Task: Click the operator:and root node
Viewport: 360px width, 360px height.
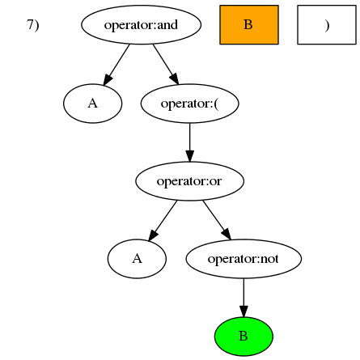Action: coord(141,24)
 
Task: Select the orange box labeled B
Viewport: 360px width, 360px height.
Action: coord(249,24)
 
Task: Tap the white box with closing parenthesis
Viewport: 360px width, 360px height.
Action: coord(327,24)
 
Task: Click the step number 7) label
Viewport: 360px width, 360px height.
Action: coord(33,25)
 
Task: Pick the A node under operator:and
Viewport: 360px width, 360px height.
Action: coord(92,104)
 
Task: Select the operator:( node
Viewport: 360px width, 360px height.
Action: coord(189,104)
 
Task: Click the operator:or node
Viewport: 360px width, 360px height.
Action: coord(189,181)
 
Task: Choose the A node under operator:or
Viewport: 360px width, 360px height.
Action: coord(137,259)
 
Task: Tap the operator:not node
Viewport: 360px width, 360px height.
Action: coord(244,259)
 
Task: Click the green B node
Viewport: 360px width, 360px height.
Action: coord(244,337)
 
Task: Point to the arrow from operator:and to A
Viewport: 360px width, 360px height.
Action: coord(116,65)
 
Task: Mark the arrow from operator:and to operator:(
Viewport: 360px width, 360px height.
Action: coord(166,65)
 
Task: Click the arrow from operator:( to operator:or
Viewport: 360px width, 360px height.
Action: coord(189,142)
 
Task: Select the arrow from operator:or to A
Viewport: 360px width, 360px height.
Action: coord(163,220)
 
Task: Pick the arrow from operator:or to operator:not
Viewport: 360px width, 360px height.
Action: coord(217,220)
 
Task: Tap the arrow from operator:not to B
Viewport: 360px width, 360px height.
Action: coord(244,298)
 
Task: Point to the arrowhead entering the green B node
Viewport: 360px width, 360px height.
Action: coord(244,311)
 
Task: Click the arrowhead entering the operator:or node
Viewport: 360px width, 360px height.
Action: coord(189,156)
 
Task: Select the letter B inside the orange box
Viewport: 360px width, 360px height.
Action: coord(248,24)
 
